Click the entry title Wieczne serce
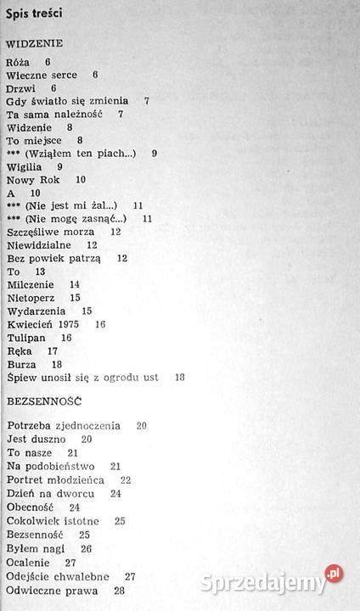click(x=41, y=75)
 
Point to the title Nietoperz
click(x=31, y=298)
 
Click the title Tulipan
click(x=26, y=338)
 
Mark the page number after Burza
click(x=57, y=364)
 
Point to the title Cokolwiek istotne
click(x=52, y=520)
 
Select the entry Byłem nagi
click(x=35, y=548)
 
